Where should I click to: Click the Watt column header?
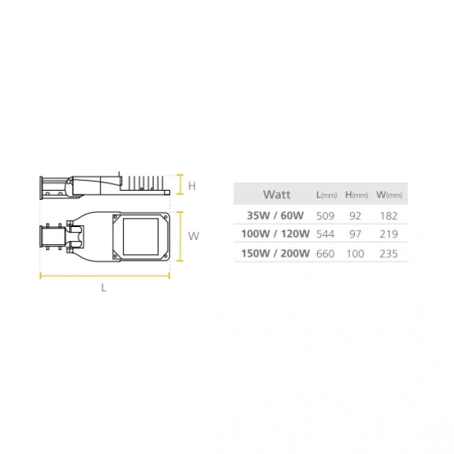(x=277, y=194)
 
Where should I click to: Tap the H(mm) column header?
(x=356, y=194)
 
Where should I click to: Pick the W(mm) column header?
(x=389, y=194)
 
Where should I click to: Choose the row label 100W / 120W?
(x=274, y=234)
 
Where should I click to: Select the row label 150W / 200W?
(x=274, y=254)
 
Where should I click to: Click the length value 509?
(x=326, y=215)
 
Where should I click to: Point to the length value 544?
(x=326, y=234)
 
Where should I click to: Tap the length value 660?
(x=326, y=254)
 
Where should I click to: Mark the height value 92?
(x=356, y=215)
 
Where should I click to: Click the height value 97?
(x=356, y=234)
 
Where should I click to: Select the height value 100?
(x=356, y=254)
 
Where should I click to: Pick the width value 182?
(x=388, y=215)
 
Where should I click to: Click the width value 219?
(x=388, y=234)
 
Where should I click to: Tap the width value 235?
(x=388, y=254)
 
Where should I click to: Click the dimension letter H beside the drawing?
(x=192, y=186)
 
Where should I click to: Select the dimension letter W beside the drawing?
(x=193, y=236)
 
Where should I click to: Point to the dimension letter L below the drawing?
(x=104, y=288)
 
